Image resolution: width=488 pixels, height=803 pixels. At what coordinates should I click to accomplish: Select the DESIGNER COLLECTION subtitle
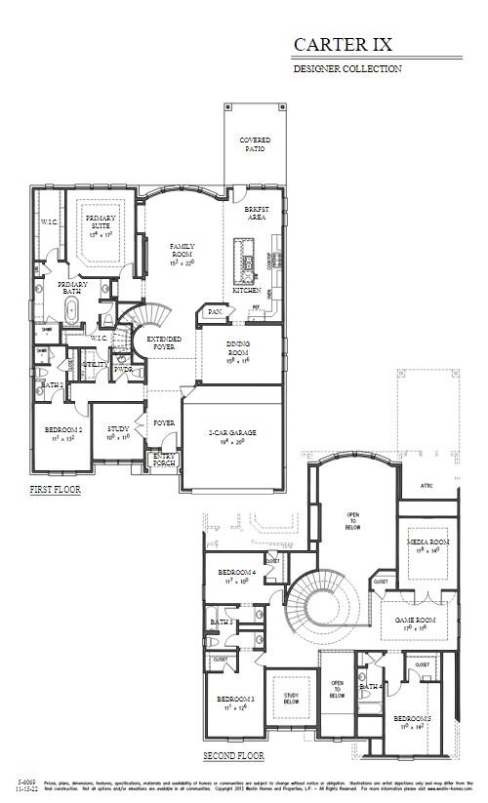tap(347, 69)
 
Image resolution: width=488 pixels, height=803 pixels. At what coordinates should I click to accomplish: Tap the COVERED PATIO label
tap(255, 144)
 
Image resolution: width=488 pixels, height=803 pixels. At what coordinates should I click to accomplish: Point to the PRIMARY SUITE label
tap(100, 222)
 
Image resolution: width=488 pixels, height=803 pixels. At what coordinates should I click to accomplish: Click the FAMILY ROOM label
tap(183, 251)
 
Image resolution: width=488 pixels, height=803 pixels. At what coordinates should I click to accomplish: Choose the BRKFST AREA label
tap(257, 215)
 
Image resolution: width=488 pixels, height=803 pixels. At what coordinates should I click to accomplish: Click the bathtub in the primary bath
tap(71, 312)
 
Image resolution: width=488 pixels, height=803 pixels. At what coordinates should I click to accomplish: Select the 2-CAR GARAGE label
tap(231, 432)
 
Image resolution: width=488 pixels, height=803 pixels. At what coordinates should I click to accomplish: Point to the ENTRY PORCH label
tap(163, 459)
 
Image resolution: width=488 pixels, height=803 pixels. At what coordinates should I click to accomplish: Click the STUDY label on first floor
tap(118, 429)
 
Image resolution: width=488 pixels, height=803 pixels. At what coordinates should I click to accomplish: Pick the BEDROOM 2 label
tap(62, 430)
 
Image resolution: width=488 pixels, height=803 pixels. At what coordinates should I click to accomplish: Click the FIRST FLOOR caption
tap(56, 489)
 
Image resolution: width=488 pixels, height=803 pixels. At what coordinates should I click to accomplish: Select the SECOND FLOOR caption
tap(233, 756)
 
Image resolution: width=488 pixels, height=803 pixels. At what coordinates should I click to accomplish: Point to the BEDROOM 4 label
tap(236, 573)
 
